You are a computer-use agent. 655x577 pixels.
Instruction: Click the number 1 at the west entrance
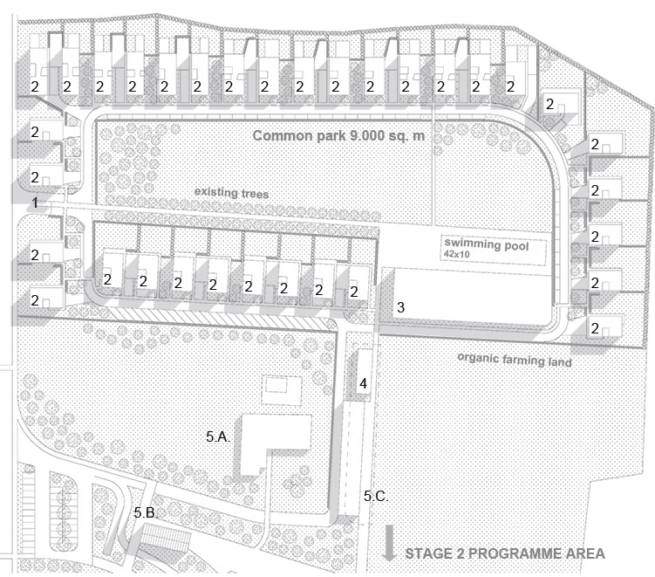tap(35, 203)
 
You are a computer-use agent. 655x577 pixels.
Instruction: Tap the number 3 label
tap(400, 307)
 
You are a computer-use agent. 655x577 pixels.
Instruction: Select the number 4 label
tap(364, 383)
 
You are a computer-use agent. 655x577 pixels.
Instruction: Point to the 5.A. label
tap(218, 436)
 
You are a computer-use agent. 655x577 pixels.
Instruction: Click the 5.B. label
tap(146, 512)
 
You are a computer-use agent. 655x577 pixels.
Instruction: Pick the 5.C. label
tap(376, 496)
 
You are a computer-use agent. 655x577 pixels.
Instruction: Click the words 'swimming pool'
tap(487, 244)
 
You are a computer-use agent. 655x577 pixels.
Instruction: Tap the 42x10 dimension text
tap(456, 254)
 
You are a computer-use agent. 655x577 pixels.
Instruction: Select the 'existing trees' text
tap(231, 193)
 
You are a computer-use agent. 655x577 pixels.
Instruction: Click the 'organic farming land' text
tap(515, 360)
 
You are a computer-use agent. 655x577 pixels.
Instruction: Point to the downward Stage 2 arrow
tap(389, 543)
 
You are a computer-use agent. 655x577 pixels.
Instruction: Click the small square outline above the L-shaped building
tap(281, 390)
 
